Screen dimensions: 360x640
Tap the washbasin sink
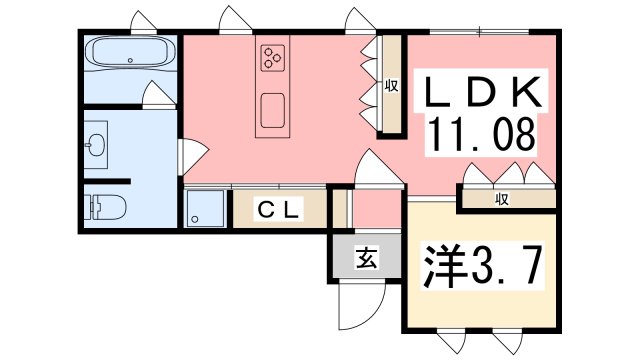97,147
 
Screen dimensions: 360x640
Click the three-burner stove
273,57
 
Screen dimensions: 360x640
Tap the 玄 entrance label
367,259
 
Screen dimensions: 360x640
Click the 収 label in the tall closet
391,86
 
